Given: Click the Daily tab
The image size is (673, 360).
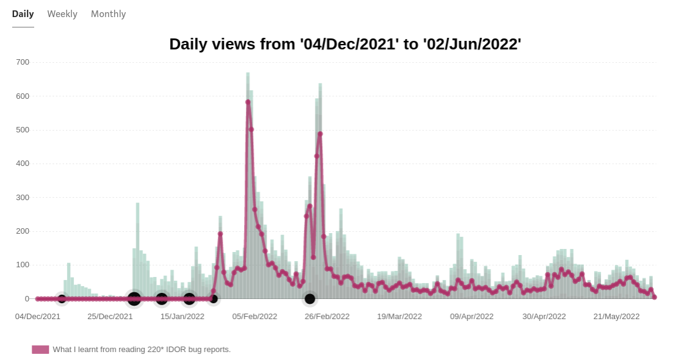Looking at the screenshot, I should point(23,14).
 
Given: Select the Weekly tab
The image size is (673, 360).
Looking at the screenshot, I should point(62,14).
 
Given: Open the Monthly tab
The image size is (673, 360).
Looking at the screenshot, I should point(108,14).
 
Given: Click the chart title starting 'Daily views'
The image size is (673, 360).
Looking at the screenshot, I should point(345,45).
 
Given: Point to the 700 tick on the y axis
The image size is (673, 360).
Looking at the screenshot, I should point(23,62).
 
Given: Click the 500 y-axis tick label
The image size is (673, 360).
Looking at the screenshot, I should point(23,130).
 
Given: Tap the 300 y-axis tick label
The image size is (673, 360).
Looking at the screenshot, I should point(23,198).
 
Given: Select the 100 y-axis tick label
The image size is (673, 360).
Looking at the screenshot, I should point(23,265).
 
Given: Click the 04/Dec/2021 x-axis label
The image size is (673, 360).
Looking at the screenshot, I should point(38,317).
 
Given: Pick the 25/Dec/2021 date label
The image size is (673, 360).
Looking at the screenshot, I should point(110,317).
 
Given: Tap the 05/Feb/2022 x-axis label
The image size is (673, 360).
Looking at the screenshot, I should point(254,317).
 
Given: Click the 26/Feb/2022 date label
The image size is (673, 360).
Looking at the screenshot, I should point(327,317).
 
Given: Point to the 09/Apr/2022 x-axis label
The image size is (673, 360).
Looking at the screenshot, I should point(472,317).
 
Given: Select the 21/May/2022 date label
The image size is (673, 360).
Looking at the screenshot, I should point(616,317).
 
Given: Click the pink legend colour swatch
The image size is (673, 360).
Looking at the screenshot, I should point(40,350).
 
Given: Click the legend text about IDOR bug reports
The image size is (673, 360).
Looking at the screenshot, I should point(142,350).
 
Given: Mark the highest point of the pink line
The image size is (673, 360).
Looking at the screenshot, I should point(248,102).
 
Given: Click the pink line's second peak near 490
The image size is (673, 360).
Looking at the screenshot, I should point(320,134).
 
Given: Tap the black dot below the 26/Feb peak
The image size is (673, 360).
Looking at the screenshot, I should point(310,299).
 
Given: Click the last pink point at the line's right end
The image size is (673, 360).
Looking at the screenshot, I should point(654,297).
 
